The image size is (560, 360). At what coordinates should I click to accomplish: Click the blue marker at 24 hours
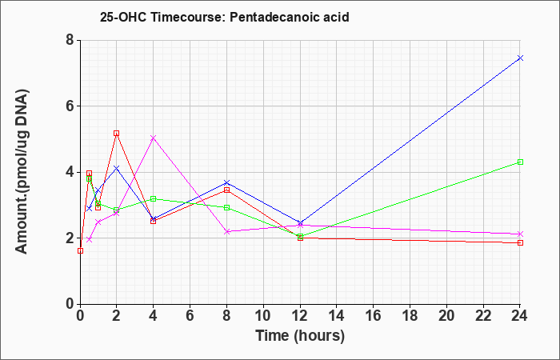click(x=520, y=58)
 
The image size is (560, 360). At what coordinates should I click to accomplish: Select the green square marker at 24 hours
click(x=520, y=162)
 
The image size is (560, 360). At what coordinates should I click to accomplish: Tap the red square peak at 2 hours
click(x=116, y=134)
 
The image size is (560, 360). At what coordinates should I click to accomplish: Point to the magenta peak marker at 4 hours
click(x=154, y=138)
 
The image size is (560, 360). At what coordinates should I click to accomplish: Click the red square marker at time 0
click(x=80, y=250)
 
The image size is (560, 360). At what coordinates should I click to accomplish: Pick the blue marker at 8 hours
click(x=226, y=183)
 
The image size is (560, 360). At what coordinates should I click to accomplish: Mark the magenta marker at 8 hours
click(x=226, y=232)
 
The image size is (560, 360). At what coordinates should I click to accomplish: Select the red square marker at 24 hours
click(x=520, y=243)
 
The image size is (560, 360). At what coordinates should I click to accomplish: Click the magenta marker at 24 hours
click(x=520, y=234)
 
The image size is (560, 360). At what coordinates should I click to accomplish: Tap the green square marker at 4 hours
click(x=154, y=198)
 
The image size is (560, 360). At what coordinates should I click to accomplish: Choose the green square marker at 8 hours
click(x=226, y=207)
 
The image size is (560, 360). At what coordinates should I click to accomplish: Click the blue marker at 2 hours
click(x=116, y=168)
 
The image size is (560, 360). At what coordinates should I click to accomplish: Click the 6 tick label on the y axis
click(x=70, y=106)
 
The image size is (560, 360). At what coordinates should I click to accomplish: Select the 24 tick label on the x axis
click(x=519, y=316)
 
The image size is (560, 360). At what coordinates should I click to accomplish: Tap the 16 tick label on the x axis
click(x=373, y=316)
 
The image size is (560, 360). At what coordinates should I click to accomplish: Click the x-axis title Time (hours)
click(x=300, y=336)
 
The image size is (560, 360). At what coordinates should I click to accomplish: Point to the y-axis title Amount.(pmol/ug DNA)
click(x=22, y=172)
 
